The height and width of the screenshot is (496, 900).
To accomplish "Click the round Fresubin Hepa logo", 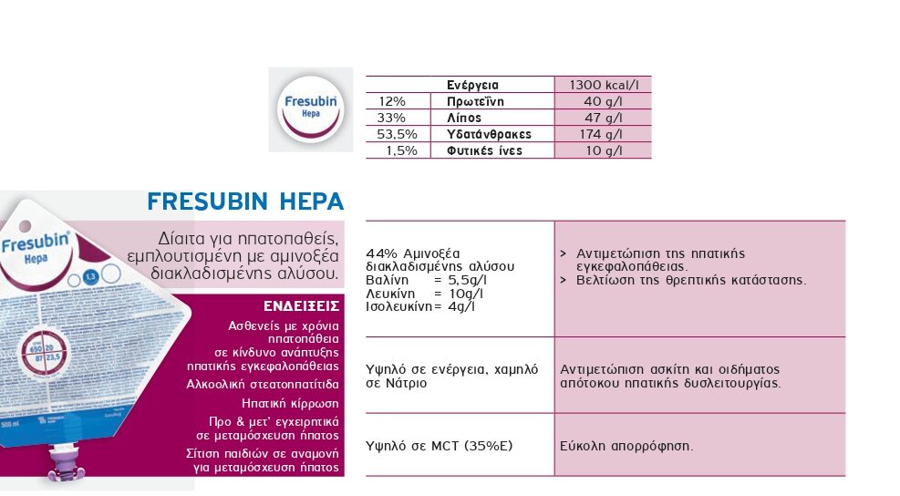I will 310,108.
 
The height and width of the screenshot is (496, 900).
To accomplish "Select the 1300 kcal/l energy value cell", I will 603,85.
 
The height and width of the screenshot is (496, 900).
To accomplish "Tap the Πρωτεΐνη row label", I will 475,101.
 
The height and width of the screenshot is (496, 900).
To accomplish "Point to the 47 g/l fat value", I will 603,118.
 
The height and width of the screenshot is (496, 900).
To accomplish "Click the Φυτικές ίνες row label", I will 484,150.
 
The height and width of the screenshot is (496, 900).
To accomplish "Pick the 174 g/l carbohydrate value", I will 603,134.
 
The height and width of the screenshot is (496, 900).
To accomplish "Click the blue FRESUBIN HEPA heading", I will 245,201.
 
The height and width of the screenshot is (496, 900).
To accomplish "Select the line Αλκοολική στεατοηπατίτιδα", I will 263,384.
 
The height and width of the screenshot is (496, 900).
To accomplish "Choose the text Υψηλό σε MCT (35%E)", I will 438,446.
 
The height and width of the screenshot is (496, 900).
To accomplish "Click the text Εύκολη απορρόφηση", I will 626,446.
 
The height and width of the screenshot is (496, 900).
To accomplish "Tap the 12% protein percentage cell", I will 392,101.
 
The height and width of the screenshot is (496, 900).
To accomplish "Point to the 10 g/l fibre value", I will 603,150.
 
